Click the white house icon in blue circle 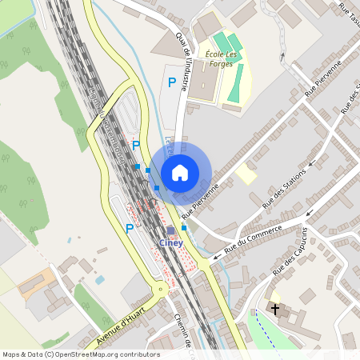(180, 172)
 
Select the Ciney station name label (170, 242)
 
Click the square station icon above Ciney (170, 231)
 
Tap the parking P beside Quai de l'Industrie (171, 82)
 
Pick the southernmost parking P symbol (129, 229)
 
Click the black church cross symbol (276, 309)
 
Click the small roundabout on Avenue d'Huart (162, 289)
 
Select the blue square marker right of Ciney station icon (184, 228)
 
